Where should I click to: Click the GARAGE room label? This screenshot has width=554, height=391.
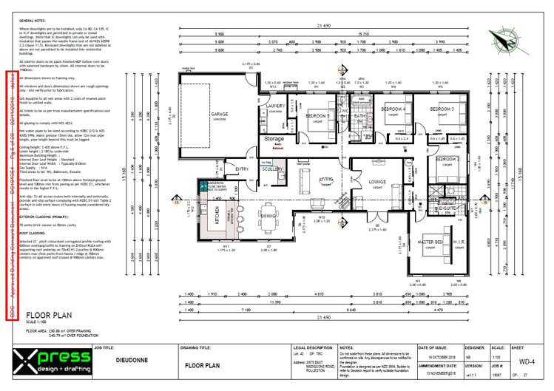[219, 115]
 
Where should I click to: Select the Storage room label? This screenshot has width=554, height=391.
[274, 138]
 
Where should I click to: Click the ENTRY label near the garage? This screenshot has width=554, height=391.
[242, 169]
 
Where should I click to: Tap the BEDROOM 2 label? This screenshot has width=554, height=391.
[447, 159]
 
